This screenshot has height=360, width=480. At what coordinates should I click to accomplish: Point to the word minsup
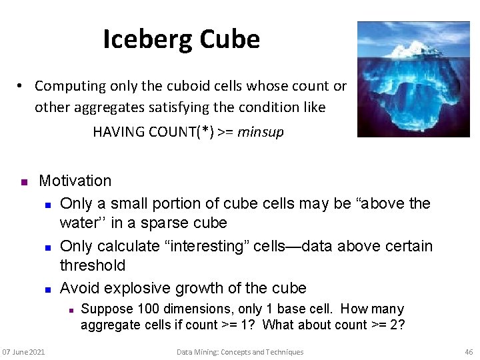tap(261, 132)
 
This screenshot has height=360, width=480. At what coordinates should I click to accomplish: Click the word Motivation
tap(75, 181)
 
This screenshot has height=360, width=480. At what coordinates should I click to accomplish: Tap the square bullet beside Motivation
tap(23, 182)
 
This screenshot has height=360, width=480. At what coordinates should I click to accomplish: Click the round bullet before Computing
tap(21, 86)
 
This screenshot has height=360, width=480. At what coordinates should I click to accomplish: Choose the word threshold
tap(93, 265)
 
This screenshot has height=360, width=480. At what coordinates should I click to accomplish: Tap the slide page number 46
tap(468, 352)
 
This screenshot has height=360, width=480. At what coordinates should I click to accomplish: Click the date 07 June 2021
tap(23, 352)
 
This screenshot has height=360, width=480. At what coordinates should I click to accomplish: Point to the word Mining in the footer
tap(209, 352)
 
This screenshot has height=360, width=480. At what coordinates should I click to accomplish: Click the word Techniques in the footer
tap(283, 352)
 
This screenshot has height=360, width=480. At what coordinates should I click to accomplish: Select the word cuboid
tap(193, 86)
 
